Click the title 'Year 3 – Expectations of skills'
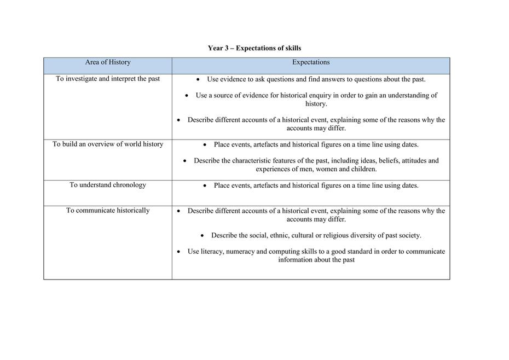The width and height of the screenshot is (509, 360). coord(254,48)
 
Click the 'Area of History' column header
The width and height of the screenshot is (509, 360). coord(108,62)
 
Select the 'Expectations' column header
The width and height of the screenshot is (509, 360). coord(310,62)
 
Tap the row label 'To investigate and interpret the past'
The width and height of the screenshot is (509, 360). coord(108,79)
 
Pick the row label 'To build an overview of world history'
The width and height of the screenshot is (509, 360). coord(108,144)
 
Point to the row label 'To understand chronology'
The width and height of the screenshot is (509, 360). coord(108,185)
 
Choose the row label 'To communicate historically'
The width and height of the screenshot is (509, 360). coord(108,211)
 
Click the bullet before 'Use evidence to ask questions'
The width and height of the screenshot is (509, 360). coord(198,79)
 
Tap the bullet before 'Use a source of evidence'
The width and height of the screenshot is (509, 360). coord(187,96)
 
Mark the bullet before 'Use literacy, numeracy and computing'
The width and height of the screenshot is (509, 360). coord(179,252)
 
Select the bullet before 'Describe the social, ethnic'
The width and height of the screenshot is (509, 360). coord(203,236)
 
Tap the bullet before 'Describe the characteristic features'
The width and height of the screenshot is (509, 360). coord(185,161)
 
